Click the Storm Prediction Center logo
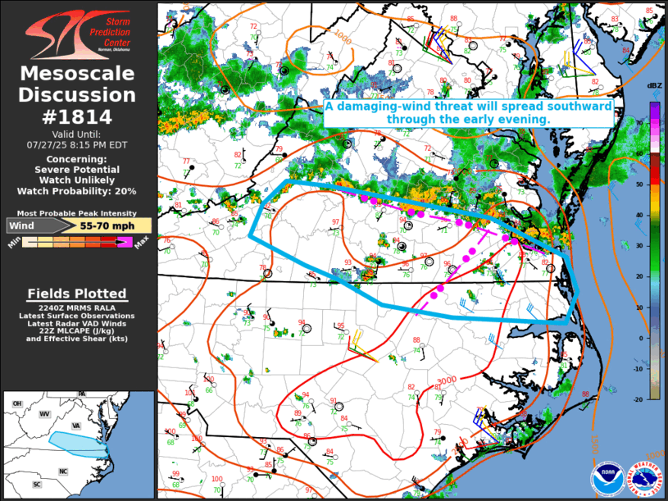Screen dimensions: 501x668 (77, 33)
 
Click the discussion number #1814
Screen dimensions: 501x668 (77, 116)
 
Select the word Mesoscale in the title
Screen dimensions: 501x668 (77, 75)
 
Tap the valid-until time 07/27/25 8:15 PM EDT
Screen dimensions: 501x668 (77, 144)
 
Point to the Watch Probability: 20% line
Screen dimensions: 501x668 (77, 191)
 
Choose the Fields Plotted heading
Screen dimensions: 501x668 (77, 294)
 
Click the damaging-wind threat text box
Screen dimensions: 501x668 (468, 113)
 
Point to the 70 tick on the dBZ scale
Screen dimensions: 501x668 (654, 121)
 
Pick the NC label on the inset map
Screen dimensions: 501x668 (62, 471)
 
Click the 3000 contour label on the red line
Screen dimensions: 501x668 (446, 380)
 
